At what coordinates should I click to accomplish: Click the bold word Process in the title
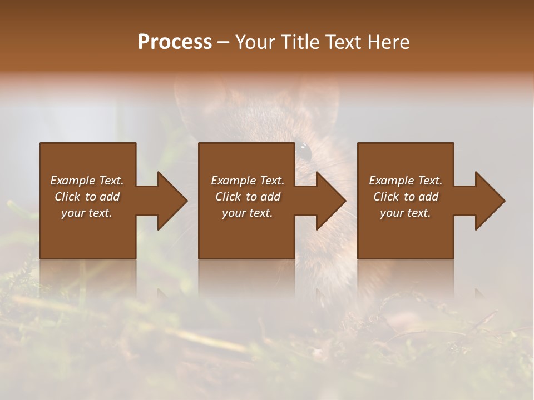click(175, 42)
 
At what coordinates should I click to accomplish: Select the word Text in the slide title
click(343, 42)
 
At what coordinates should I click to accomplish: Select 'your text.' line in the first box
click(87, 213)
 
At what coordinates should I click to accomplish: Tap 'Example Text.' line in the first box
click(87, 181)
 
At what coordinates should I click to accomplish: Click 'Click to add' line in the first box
click(87, 197)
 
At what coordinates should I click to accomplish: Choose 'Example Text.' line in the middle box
click(248, 181)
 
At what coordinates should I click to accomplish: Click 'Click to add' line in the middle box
click(248, 197)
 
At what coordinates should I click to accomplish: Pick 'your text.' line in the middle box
click(248, 213)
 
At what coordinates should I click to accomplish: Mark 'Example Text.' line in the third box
click(406, 181)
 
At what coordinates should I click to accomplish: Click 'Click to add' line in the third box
click(406, 197)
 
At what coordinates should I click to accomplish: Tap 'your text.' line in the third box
click(406, 213)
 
